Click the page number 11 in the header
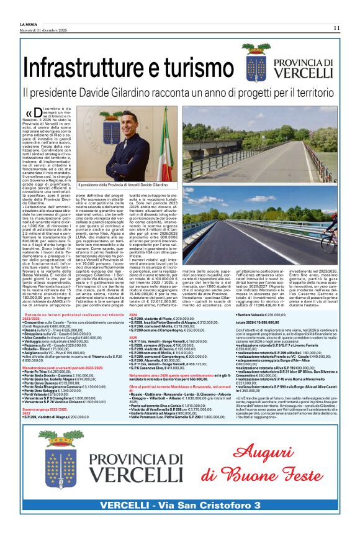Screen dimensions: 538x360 [336, 27]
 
